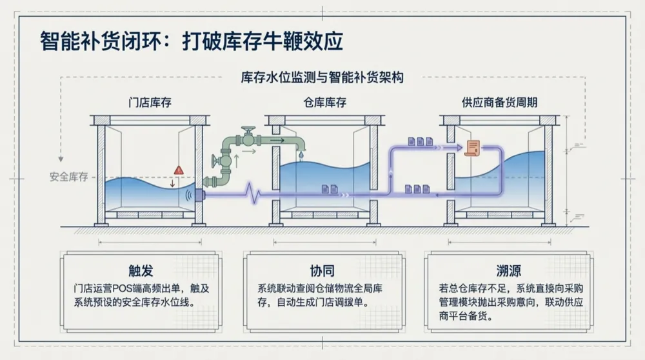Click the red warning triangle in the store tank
pos(179,170)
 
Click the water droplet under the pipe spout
pos(301,155)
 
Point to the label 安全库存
pos(69,177)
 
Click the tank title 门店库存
pos(150,103)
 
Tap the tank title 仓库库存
pos(324,103)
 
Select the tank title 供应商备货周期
pos(500,103)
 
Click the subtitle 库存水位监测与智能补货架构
pos(322,78)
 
